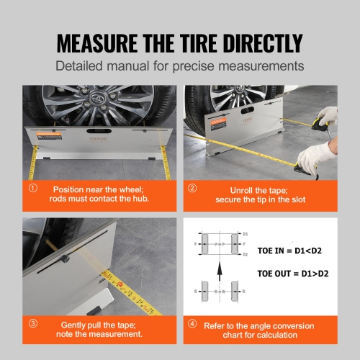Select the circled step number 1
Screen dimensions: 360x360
(32, 189)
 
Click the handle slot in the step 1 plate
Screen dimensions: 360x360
(96, 134)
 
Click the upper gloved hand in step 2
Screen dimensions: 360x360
(327, 118)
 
